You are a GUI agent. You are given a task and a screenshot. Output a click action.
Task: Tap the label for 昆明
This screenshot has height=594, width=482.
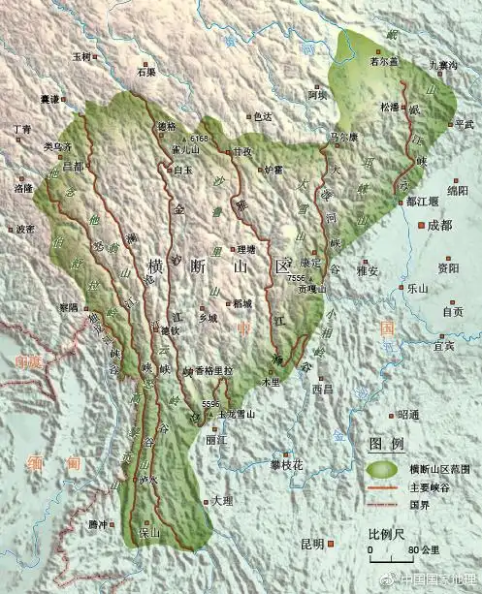[312, 544]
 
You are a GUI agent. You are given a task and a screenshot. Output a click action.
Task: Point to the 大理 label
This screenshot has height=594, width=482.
[222, 501]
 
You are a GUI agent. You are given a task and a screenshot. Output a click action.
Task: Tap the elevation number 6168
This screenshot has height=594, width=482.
[199, 139]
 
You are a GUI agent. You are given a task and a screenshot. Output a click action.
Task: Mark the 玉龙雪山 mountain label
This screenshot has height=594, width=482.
[237, 414]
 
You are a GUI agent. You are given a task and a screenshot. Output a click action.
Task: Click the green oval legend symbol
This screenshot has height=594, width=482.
[385, 467]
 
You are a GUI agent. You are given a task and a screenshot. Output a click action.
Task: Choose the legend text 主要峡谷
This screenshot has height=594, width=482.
[429, 486]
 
